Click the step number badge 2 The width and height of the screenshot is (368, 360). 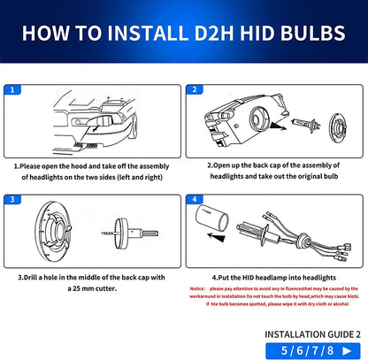[x=194, y=89]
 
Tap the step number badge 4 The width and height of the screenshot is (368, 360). [x=194, y=202]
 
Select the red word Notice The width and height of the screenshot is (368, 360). [x=200, y=289]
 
